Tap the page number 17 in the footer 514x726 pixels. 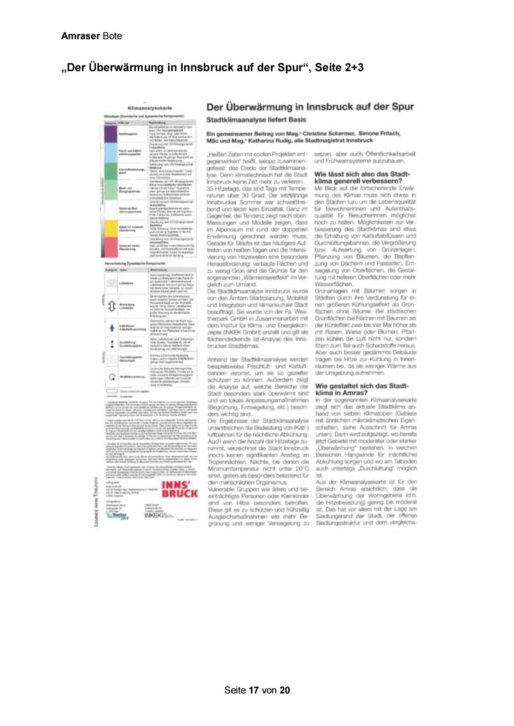click(254, 690)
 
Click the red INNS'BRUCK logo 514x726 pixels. click(179, 489)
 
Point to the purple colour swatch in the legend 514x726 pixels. click(111, 134)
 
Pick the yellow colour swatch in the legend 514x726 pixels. click(111, 228)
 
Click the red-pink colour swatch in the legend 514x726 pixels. click(111, 247)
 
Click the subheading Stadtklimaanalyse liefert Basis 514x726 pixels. click(256, 120)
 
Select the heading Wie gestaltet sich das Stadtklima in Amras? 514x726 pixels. click(362, 389)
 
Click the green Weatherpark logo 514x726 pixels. click(118, 515)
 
